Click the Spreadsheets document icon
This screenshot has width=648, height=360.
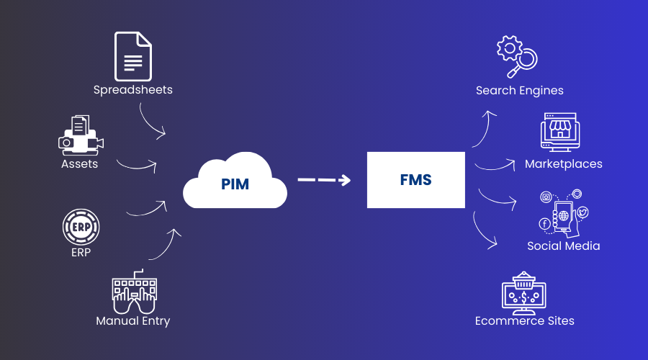pyautogui.click(x=133, y=56)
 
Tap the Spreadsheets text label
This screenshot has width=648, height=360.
pyautogui.click(x=133, y=90)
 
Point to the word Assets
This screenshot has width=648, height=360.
pyautogui.click(x=79, y=164)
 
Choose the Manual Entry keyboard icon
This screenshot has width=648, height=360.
pyautogui.click(x=133, y=292)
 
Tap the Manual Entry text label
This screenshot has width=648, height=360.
pyautogui.click(x=133, y=321)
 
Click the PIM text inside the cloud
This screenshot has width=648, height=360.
pyautogui.click(x=235, y=184)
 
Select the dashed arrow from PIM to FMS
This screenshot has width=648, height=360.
pyautogui.click(x=324, y=180)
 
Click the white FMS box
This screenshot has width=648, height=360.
pyautogui.click(x=415, y=180)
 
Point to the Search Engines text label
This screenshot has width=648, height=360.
pyautogui.click(x=520, y=91)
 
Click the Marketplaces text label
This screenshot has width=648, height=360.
pyautogui.click(x=564, y=164)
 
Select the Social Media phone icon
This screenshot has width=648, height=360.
pyautogui.click(x=564, y=214)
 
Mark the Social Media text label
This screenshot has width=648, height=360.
pyautogui.click(x=564, y=246)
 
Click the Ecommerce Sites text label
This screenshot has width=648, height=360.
pyautogui.click(x=525, y=321)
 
